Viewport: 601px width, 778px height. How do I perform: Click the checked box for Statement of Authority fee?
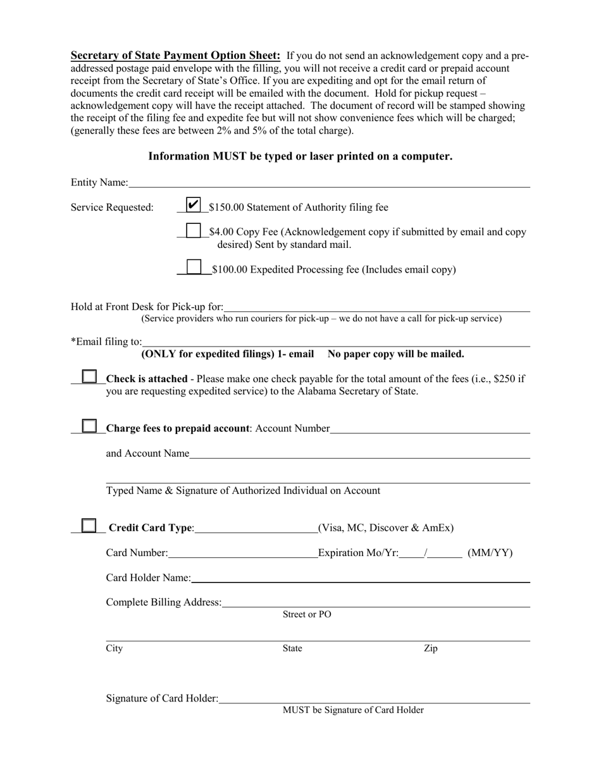(194, 204)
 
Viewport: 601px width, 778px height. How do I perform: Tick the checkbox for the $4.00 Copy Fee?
(194, 231)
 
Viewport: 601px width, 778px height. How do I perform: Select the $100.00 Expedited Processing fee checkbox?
(194, 267)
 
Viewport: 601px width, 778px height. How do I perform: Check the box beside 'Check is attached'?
(90, 377)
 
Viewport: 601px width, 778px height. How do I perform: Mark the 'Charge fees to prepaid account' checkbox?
(90, 426)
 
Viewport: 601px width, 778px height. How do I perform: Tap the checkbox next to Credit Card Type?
(90, 526)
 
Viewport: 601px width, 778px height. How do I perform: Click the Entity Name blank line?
(329, 183)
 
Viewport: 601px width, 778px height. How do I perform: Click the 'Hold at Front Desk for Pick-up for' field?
(376, 307)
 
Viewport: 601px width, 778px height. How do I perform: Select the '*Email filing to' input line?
(335, 342)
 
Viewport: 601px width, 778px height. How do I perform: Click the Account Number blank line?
(430, 429)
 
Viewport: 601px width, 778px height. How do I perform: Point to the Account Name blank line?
(359, 454)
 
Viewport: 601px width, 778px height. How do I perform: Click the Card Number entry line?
(243, 553)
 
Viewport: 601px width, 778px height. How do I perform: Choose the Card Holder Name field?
(360, 577)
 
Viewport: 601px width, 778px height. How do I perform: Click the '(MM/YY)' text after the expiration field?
(490, 553)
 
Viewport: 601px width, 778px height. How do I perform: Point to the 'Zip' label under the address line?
(430, 648)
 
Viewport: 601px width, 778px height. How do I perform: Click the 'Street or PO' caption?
(307, 614)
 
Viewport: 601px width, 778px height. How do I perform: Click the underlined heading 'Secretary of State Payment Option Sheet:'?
(175, 55)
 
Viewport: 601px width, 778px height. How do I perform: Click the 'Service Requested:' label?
(112, 207)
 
